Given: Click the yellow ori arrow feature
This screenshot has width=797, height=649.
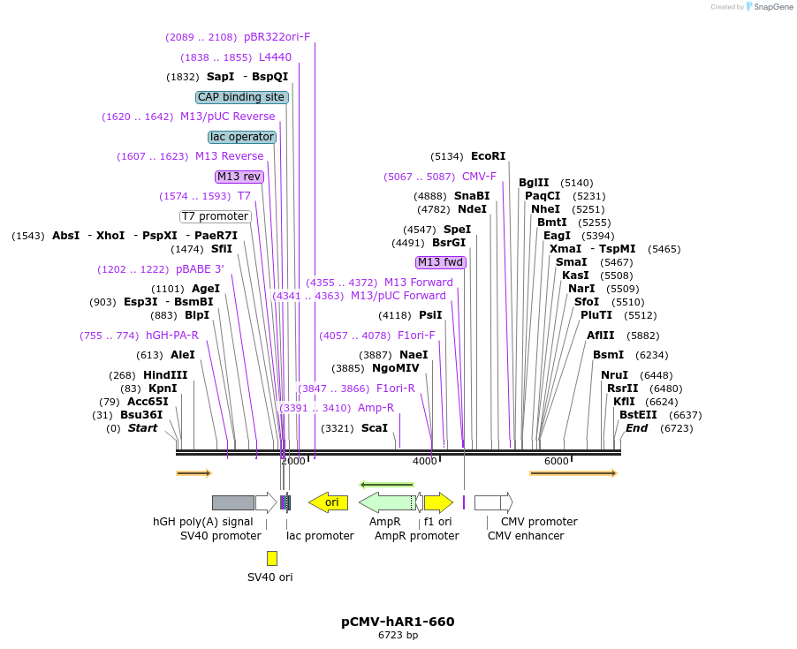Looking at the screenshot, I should click(328, 502).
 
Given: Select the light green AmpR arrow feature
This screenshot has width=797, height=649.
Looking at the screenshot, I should click(386, 502).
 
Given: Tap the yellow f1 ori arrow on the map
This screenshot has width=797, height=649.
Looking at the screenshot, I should click(438, 502).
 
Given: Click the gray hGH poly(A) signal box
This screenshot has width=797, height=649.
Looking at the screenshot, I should click(233, 502).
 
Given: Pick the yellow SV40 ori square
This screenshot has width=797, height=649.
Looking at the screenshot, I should click(272, 558).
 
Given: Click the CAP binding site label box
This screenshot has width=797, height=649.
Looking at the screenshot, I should click(241, 97).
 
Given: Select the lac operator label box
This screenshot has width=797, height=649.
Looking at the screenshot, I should click(242, 137).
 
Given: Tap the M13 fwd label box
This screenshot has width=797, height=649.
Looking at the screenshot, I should click(440, 262).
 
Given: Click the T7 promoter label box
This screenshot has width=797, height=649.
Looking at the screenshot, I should click(215, 216).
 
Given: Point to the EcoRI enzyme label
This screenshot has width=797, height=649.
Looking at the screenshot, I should click(488, 156).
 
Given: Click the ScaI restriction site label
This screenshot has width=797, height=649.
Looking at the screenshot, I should click(375, 428).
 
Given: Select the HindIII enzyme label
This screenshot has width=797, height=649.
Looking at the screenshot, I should click(165, 375).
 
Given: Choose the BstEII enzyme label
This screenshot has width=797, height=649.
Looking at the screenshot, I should click(637, 415).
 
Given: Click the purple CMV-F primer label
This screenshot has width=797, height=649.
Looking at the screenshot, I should click(479, 177).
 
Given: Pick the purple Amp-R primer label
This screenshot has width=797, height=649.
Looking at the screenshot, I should click(376, 408).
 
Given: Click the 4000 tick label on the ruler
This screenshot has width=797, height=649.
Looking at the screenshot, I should click(425, 461).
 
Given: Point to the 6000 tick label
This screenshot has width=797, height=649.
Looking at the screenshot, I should click(556, 461).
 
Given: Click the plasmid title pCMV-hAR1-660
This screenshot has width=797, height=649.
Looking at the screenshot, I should click(398, 622).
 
